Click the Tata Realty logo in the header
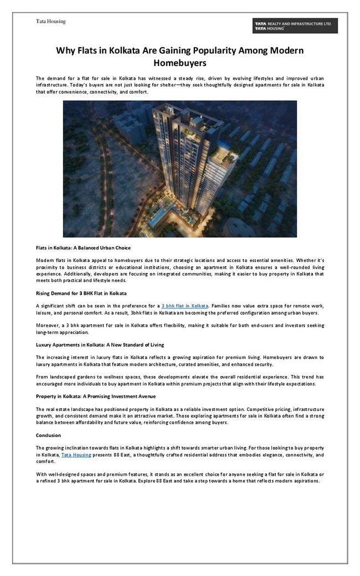295,25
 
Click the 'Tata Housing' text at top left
51,21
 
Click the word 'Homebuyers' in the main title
180,63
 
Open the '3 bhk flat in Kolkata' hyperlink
185,306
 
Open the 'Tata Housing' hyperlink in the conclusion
76,455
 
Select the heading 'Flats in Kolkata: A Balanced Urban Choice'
83,248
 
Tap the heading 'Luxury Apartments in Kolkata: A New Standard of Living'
100,344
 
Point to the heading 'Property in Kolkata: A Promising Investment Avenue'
96,397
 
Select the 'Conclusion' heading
48,435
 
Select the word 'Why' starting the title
65,50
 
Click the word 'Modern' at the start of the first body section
46,260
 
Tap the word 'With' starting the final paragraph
42,475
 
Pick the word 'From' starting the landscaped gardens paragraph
42,377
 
